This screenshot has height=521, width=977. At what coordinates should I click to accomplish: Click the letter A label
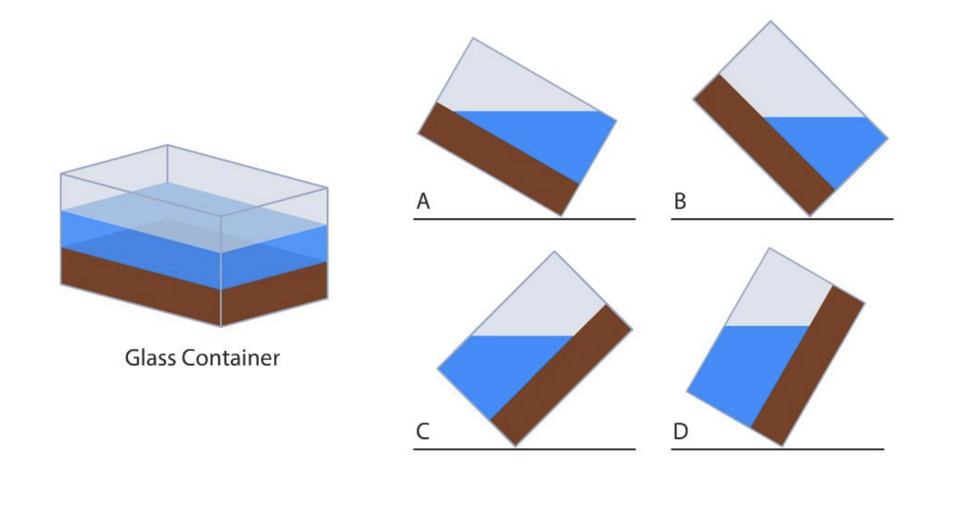tap(423, 202)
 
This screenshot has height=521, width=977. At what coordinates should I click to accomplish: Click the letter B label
tap(680, 202)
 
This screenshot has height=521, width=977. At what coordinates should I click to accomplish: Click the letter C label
tap(423, 431)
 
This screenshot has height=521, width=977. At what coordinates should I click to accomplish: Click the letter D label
tap(680, 431)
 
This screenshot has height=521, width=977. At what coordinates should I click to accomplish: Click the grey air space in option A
tap(505, 84)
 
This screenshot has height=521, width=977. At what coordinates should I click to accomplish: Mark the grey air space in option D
tap(773, 295)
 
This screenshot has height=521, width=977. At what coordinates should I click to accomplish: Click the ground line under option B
tap(781, 219)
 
